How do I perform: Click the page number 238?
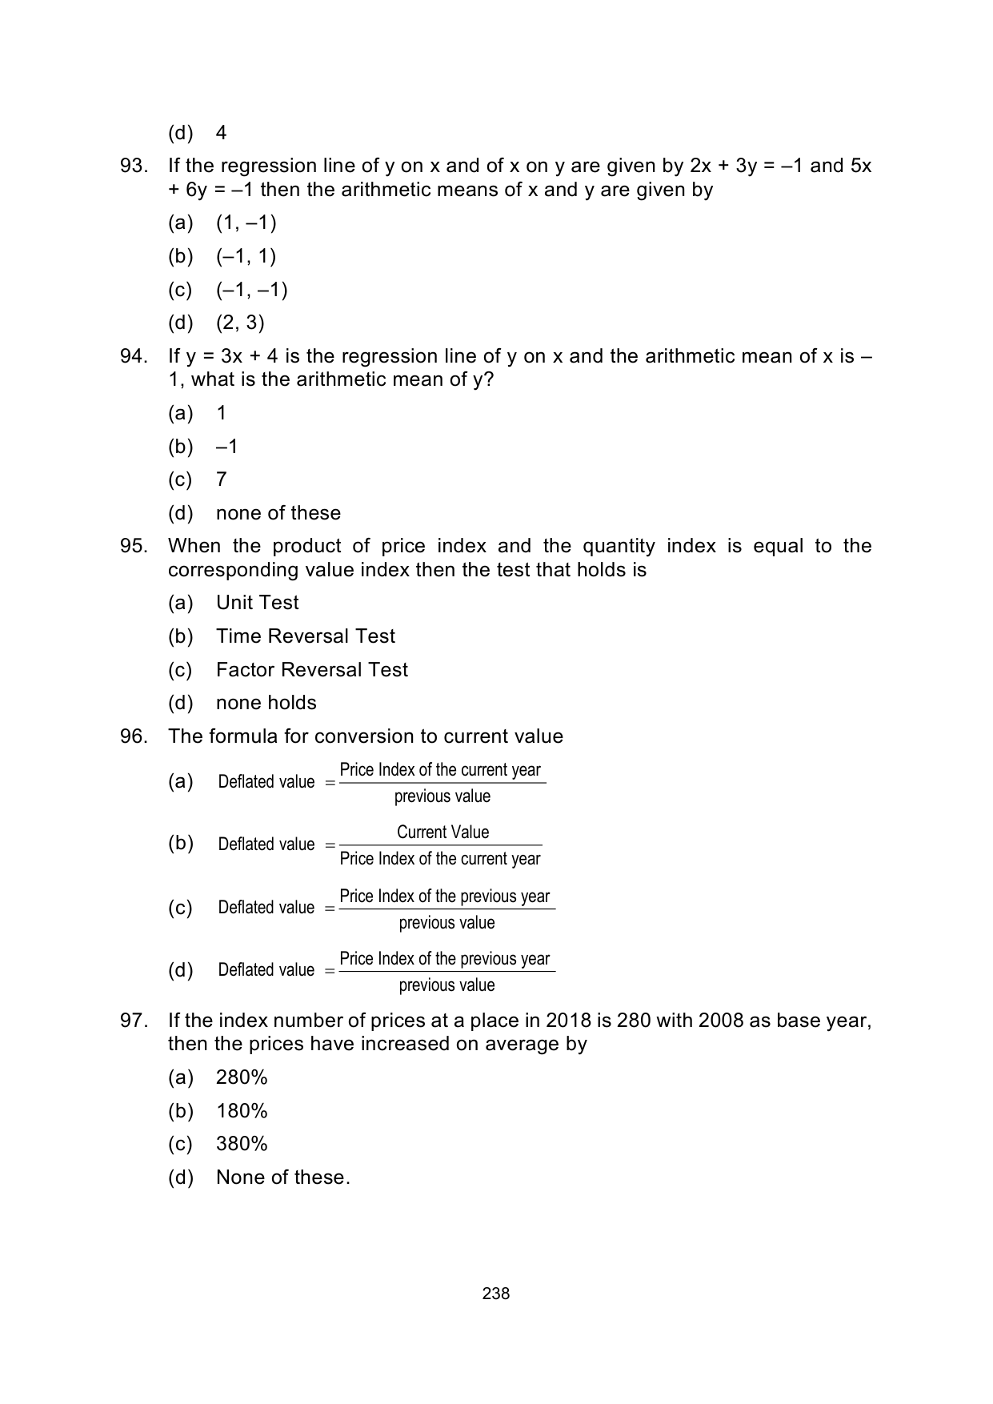click(496, 1294)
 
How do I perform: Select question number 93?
click(134, 166)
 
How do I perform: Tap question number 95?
click(134, 546)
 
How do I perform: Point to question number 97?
click(134, 1021)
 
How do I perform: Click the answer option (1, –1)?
click(246, 223)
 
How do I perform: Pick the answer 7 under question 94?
click(222, 479)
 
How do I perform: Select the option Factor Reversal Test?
click(311, 669)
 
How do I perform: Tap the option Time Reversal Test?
click(305, 636)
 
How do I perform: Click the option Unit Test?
click(257, 603)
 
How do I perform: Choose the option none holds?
click(266, 703)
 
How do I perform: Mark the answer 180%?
click(242, 1111)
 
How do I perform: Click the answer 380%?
click(242, 1144)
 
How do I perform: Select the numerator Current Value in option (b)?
click(442, 832)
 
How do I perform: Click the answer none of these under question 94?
click(278, 513)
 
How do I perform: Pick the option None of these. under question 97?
click(282, 1177)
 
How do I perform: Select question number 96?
click(134, 736)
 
